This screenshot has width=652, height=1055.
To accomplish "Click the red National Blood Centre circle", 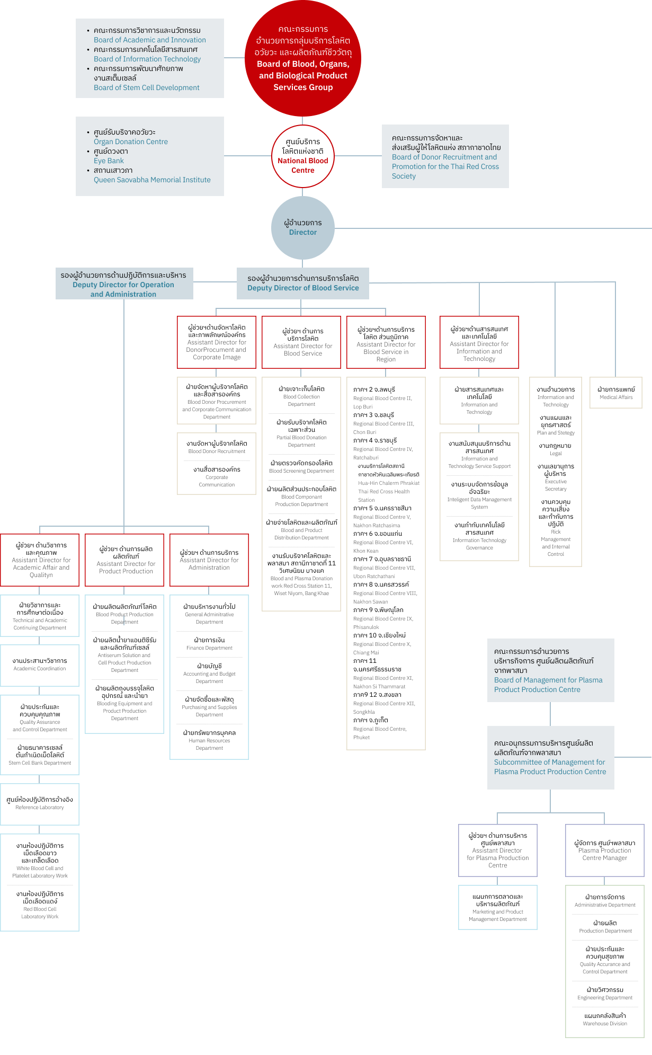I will point(302,156).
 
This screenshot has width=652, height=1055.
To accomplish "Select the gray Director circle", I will point(302,228).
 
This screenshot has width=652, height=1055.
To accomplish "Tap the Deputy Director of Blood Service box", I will point(303,283).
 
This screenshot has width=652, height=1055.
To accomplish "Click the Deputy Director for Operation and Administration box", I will point(123,285).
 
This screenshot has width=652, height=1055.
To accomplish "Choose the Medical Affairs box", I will point(615,393).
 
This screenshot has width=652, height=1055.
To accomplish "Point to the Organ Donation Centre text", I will point(130,141).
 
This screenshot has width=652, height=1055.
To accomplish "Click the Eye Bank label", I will point(109,161).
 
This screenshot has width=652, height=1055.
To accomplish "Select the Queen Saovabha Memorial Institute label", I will point(152,180).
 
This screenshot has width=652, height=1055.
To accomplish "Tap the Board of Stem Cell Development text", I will point(146,87).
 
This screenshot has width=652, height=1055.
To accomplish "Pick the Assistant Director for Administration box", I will point(209,560).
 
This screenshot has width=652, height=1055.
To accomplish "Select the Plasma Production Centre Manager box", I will point(604,850).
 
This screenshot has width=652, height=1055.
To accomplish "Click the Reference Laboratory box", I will point(40,804).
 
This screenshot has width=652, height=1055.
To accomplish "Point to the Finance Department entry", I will point(209,644).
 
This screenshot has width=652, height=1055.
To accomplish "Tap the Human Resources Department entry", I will point(209,740).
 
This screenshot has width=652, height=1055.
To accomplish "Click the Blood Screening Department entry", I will point(301,467).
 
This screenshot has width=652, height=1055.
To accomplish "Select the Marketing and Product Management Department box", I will point(498,907).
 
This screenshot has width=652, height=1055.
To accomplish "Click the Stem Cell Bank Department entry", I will point(40,755).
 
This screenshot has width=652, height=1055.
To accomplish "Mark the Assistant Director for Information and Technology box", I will point(479,342).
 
